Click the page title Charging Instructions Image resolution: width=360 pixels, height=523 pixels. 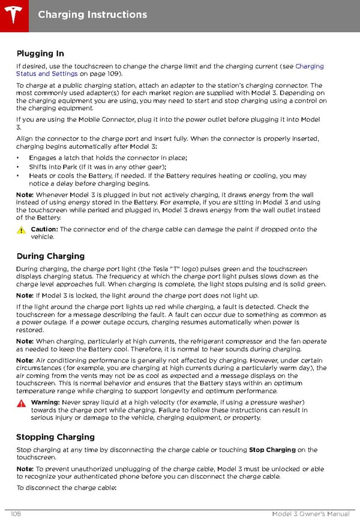point(92,14)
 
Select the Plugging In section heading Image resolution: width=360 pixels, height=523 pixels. point(40,53)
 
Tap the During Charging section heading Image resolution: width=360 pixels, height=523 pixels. point(50,256)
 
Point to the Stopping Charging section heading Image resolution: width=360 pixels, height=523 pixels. point(55,437)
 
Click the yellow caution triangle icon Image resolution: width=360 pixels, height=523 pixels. point(22,230)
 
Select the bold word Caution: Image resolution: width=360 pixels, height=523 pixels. point(44,229)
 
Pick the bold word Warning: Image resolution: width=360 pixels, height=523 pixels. point(45,402)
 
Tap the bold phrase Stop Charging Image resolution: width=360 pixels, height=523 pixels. point(272,450)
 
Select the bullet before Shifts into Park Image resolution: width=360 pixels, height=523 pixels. point(19,167)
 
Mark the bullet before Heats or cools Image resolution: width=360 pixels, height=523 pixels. point(19,176)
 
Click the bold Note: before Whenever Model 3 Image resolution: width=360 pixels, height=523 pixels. point(25,195)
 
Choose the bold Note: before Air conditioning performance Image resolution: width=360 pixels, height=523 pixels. point(25,360)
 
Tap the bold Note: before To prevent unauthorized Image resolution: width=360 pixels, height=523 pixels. point(25,468)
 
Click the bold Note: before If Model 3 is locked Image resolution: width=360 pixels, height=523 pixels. point(25,296)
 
